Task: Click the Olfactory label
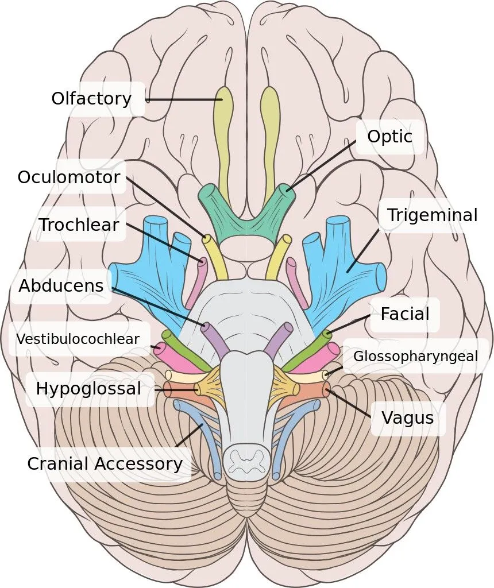tap(91, 99)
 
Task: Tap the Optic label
tap(389, 137)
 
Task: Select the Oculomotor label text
tap(69, 177)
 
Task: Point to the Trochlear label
tap(79, 225)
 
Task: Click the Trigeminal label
tap(432, 215)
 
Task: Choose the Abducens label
tap(61, 285)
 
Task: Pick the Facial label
tap(404, 314)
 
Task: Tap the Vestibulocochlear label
tap(78, 339)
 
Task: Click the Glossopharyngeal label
tap(415, 356)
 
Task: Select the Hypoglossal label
tap(88, 389)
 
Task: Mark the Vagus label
tap(407, 417)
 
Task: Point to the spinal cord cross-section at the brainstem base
tap(246, 461)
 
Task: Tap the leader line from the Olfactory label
tap(184, 100)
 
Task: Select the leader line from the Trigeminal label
tap(362, 248)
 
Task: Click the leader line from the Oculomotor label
tap(167, 208)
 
